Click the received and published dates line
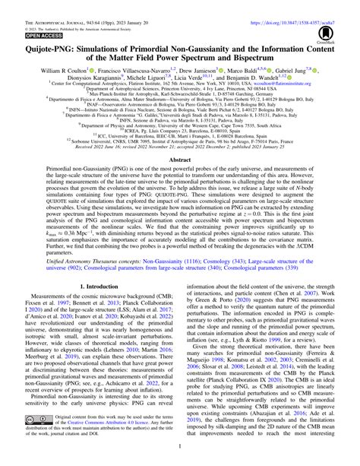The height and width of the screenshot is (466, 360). point(179,152)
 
